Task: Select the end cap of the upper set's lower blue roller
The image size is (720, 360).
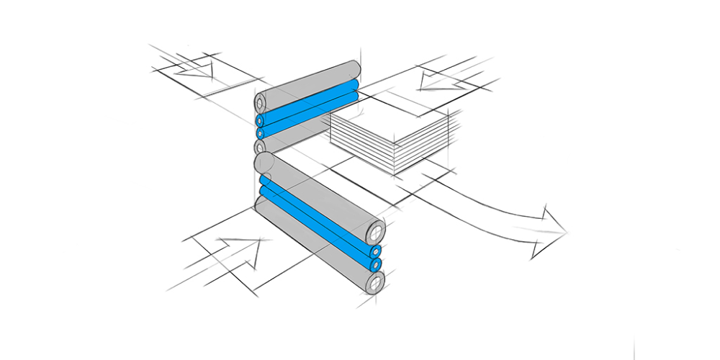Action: coord(261,133)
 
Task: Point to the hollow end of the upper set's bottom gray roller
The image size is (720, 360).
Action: coord(261,147)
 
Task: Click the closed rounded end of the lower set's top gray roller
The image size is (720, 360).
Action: coord(264,162)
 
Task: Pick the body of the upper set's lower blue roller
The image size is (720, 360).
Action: coord(310,118)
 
